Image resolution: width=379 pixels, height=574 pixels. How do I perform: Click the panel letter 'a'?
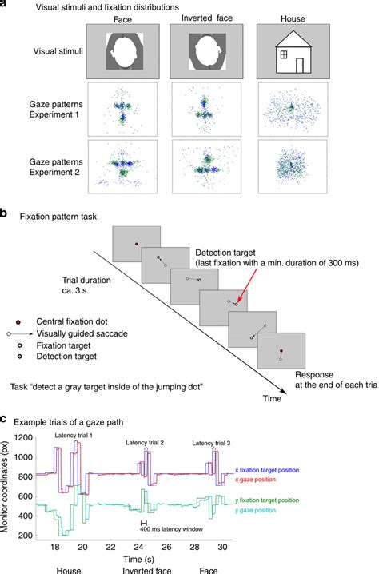coord(4,4)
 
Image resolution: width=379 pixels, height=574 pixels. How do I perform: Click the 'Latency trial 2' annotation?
coord(144,442)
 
